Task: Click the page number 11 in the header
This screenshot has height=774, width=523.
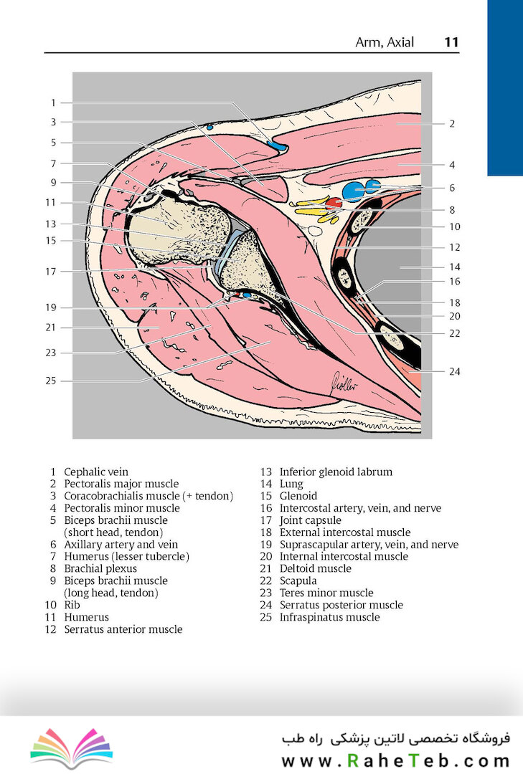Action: (451, 42)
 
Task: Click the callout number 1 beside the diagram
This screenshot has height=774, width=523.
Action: (53, 102)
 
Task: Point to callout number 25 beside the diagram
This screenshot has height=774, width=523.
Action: (51, 381)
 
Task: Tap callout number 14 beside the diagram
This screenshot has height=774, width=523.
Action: (455, 267)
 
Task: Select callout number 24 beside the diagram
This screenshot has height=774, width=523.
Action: (455, 371)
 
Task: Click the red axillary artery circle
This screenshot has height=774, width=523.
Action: (334, 203)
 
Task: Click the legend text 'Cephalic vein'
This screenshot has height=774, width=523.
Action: (96, 472)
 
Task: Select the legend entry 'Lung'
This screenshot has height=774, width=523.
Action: (291, 484)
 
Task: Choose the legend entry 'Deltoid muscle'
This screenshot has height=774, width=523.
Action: (316, 568)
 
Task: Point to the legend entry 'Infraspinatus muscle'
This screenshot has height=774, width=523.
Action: (330, 617)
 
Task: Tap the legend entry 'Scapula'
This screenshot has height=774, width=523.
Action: (298, 581)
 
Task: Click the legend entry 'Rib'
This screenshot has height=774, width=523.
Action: (72, 605)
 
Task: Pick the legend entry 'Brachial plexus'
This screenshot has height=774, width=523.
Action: (100, 568)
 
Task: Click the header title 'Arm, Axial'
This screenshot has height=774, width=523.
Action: (385, 42)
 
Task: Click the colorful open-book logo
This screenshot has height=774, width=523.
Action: (72, 747)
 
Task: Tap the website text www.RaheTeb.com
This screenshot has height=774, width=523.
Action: (395, 760)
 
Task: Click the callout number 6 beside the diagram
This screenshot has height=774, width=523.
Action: (452, 188)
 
